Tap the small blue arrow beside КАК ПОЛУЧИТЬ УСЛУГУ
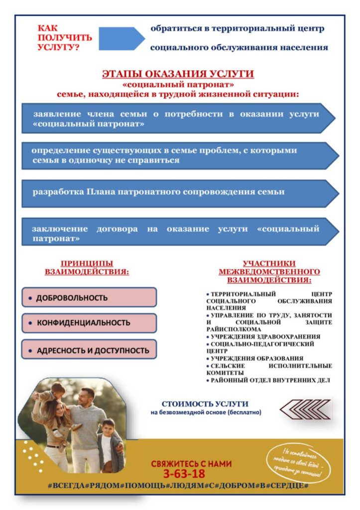pos(121,38)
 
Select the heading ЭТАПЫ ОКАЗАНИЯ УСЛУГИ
pos(178,74)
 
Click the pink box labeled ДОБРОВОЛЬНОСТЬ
pos(89,297)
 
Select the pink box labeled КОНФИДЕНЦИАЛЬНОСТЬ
pos(89,323)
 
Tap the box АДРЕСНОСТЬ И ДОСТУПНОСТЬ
pos(89,350)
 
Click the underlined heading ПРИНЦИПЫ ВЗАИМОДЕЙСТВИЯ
pos(87,268)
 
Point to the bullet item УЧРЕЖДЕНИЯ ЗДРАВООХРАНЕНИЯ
pos(265,337)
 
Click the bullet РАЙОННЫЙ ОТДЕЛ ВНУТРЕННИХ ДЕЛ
pos(269,380)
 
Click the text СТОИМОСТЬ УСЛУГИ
pos(206,404)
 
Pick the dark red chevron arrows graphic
pos(305,409)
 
